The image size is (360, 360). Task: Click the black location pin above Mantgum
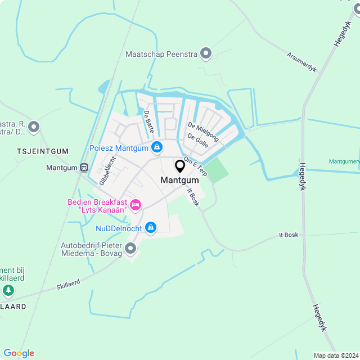pos(180,166)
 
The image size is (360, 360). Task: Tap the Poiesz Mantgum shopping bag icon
pos(157,148)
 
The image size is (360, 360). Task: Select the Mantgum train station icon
pos(84,167)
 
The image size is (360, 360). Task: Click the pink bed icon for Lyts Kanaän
pos(135,205)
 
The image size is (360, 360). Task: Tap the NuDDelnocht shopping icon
pos(150,227)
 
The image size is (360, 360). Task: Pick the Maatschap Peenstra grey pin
pos(206,54)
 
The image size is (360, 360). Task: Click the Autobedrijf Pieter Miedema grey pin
pos(131,247)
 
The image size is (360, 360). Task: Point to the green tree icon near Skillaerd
pos(8,290)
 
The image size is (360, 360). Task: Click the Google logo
pos(19,353)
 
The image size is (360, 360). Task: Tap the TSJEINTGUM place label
pos(42,151)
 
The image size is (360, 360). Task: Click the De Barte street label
pos(149,121)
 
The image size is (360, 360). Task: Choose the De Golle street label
pos(198,141)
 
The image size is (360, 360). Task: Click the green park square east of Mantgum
pos(219,169)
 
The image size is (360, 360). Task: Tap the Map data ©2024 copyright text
pos(335,355)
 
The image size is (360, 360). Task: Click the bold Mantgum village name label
pos(179,181)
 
